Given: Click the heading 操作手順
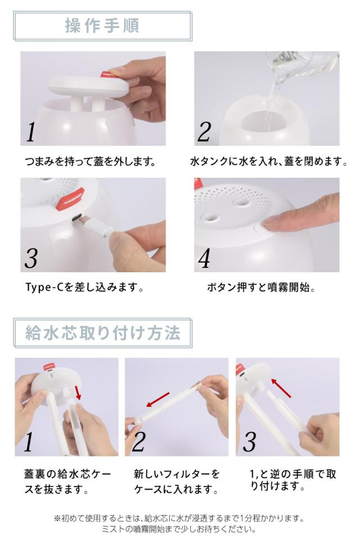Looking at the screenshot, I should coord(102,26).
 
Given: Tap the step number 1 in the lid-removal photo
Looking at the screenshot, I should coord(31,132).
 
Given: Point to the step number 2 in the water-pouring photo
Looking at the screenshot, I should coord(204,132).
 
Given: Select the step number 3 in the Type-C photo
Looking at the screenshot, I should coord(31,258).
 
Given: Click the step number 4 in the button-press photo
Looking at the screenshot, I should coord(204,258).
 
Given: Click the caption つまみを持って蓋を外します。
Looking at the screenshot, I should coord(90,162).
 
